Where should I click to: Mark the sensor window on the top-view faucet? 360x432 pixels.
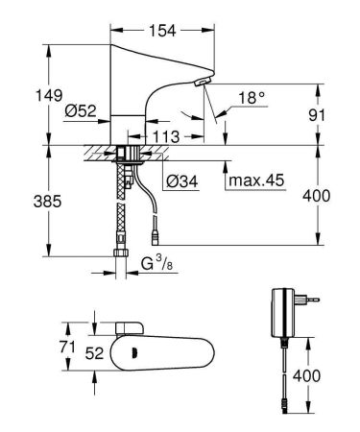[130, 349]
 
